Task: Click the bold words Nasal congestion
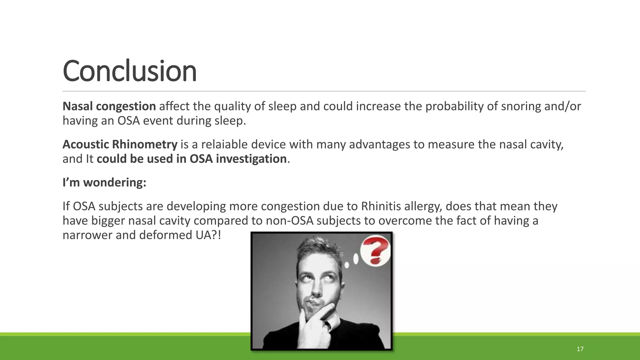tap(109, 106)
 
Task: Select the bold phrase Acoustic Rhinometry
tap(120, 144)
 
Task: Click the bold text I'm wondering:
tap(104, 182)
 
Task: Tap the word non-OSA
tap(289, 221)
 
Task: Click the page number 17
tap(580, 349)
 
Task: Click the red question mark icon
tap(376, 250)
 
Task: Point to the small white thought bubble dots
tap(352, 261)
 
